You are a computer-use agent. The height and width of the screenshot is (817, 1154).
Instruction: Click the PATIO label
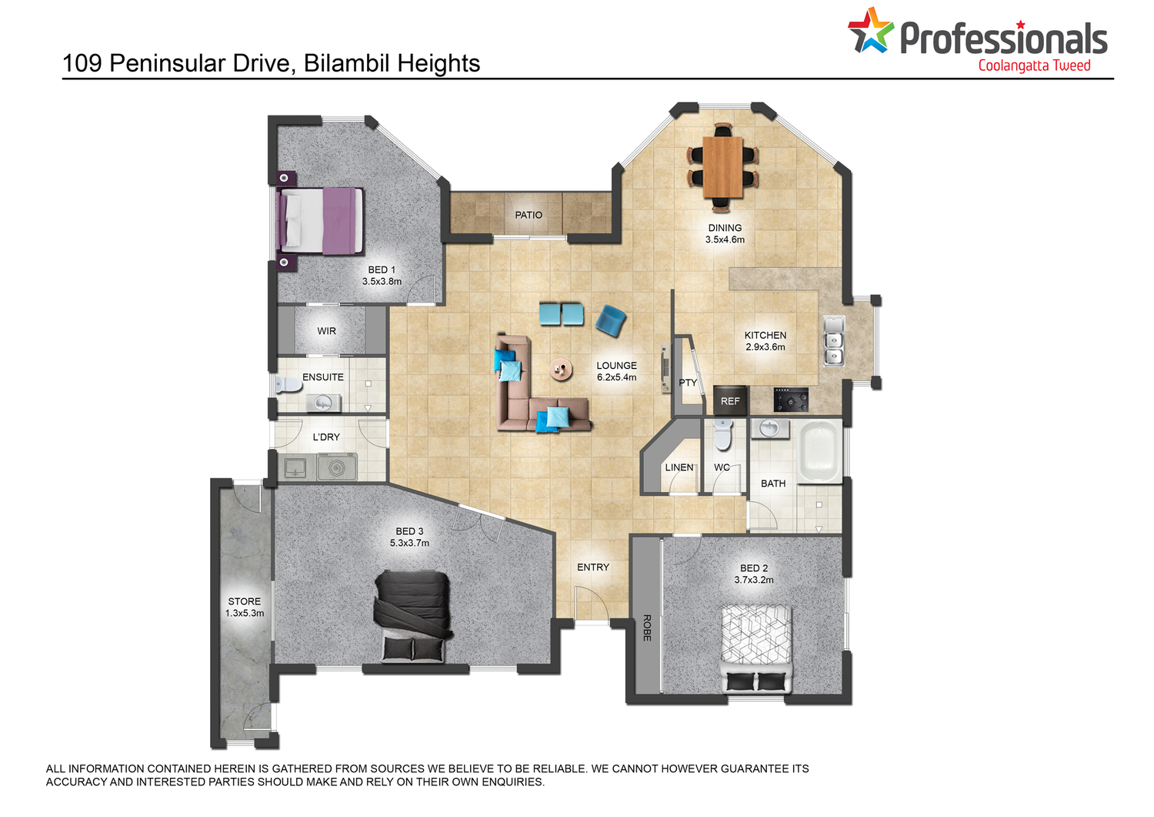point(529,215)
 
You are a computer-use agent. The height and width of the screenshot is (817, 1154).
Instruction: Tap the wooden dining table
point(723,167)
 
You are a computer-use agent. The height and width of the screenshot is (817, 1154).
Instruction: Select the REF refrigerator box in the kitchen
point(730,400)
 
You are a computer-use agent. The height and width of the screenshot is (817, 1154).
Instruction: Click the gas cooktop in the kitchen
point(791,400)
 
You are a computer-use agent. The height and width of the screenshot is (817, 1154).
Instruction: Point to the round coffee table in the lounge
point(561,370)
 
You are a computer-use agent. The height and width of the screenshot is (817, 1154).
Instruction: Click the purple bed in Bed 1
point(320,221)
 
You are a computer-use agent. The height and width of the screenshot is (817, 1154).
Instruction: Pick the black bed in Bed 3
point(413,616)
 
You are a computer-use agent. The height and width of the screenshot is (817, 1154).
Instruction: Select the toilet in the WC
point(723,434)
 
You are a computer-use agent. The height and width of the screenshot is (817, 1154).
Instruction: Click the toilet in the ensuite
point(288,384)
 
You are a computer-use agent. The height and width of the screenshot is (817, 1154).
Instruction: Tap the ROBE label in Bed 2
point(647,628)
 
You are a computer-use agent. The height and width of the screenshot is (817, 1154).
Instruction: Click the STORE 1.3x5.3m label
point(245,607)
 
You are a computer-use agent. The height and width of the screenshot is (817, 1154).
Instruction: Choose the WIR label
point(327,331)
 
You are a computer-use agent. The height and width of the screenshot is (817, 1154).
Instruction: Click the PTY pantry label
point(688,383)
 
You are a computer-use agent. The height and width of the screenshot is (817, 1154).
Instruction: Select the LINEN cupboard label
point(679,467)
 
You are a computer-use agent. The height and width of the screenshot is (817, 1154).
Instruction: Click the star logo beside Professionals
point(870,31)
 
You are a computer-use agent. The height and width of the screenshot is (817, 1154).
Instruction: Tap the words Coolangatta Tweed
point(1035,66)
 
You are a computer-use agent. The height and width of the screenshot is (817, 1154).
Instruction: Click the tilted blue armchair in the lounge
point(611,321)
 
